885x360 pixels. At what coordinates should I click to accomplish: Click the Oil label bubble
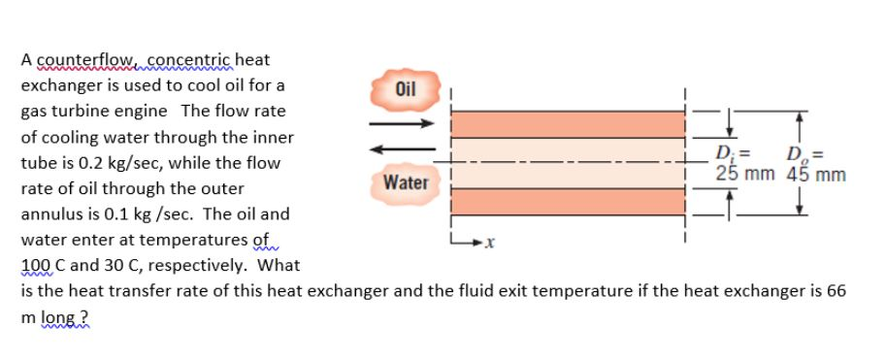click(405, 88)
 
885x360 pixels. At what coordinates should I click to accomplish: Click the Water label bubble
click(405, 181)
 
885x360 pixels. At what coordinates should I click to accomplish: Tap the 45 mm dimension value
click(815, 175)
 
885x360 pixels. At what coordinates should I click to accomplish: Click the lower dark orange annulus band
click(568, 202)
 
